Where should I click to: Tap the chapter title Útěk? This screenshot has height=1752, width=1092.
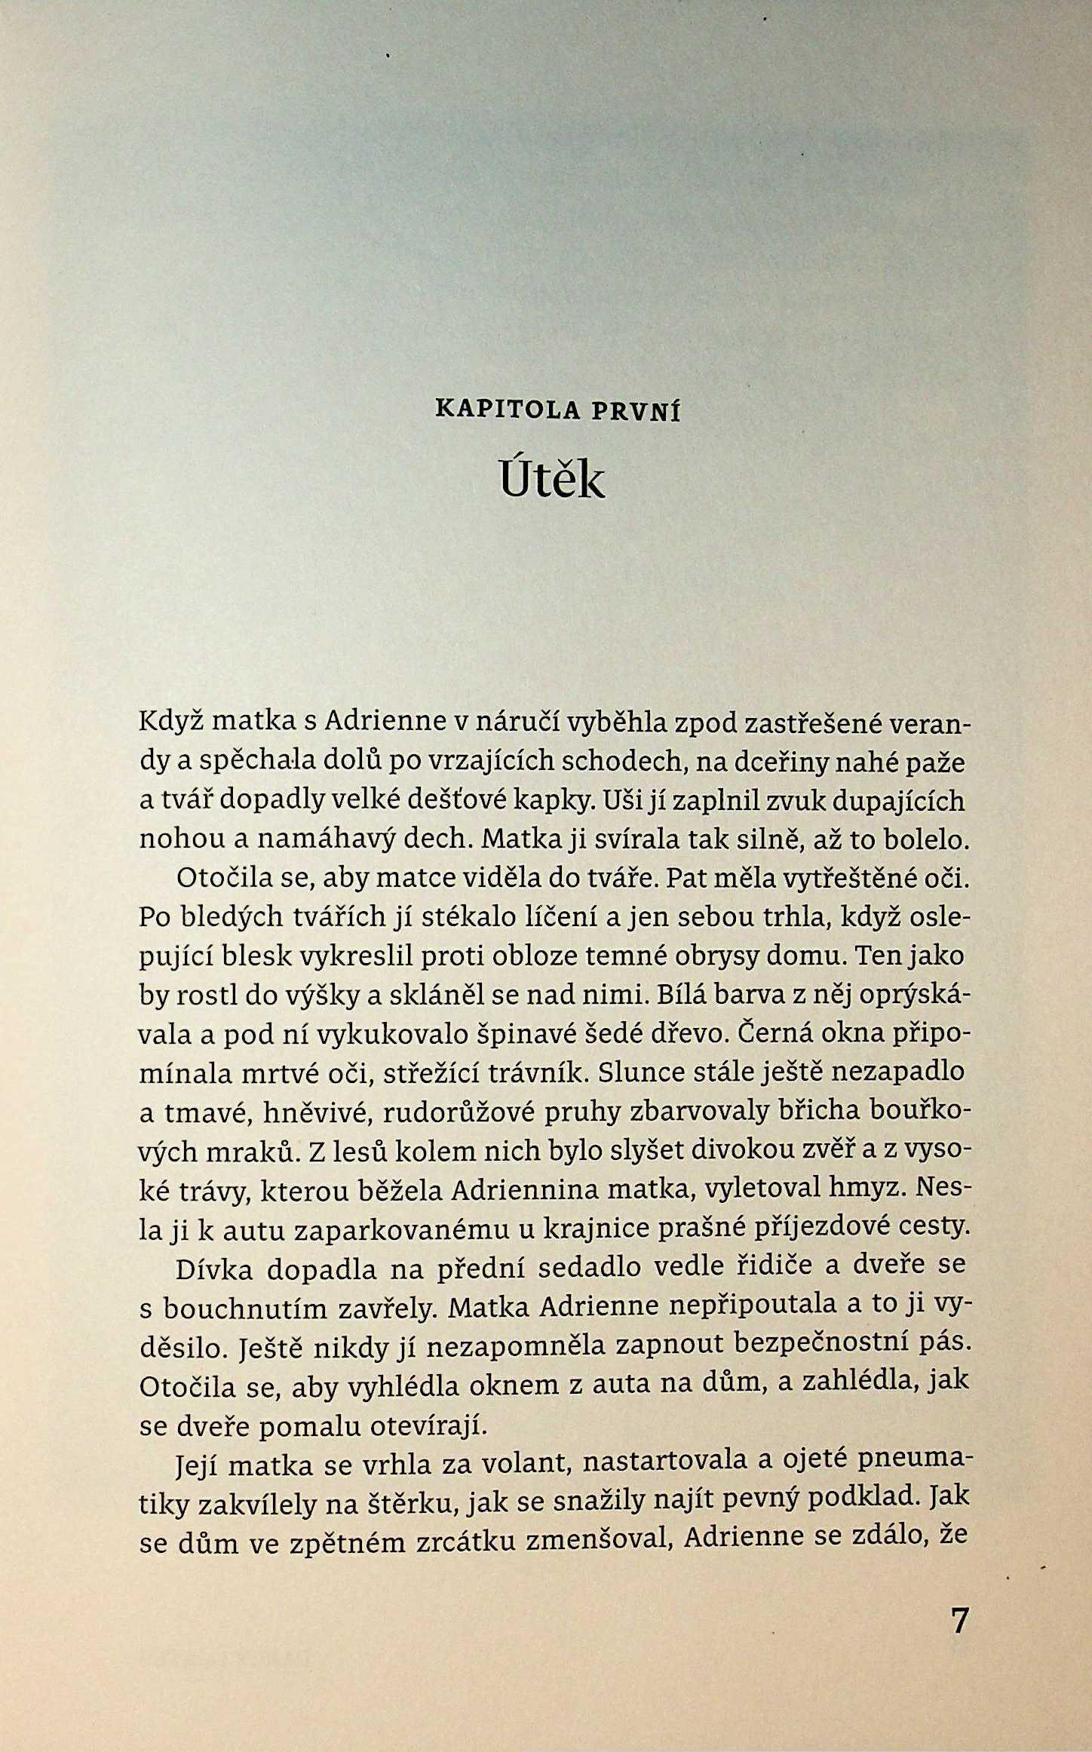click(551, 478)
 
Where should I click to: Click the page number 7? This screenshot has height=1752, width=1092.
click(959, 1620)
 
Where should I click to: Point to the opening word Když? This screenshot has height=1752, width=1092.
click(170, 722)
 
